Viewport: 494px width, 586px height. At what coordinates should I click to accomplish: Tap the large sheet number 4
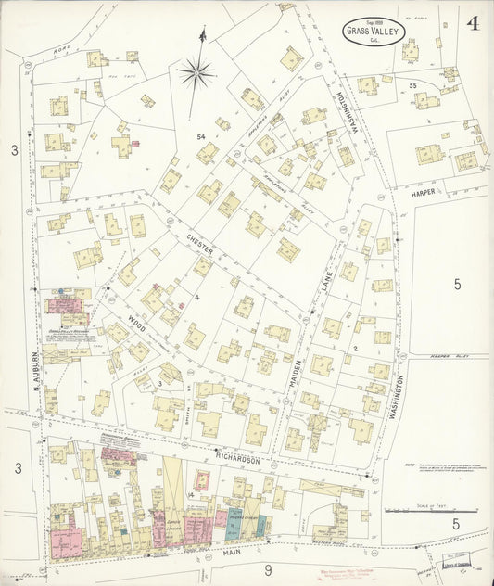click(473, 24)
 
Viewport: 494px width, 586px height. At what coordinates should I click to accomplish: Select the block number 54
click(200, 137)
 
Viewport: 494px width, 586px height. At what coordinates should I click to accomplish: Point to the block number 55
click(412, 84)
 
